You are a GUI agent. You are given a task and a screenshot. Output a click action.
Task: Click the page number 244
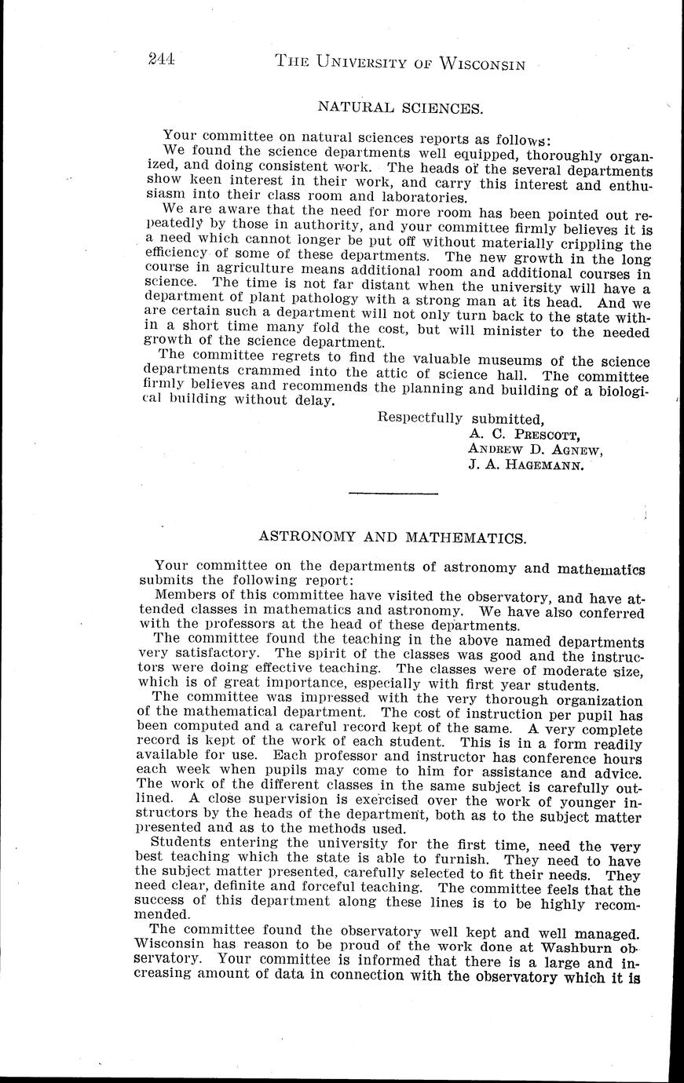coord(160,60)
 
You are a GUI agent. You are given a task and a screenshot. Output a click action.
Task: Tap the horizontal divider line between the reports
coord(392,493)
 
